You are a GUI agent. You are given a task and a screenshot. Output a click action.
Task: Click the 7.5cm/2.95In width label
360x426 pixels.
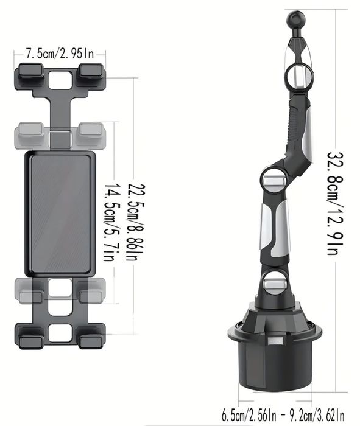pos(59,53)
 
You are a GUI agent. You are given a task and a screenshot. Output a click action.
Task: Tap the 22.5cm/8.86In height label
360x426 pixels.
pos(132,214)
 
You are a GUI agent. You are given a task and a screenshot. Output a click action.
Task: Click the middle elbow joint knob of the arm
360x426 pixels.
pos(271,178)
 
